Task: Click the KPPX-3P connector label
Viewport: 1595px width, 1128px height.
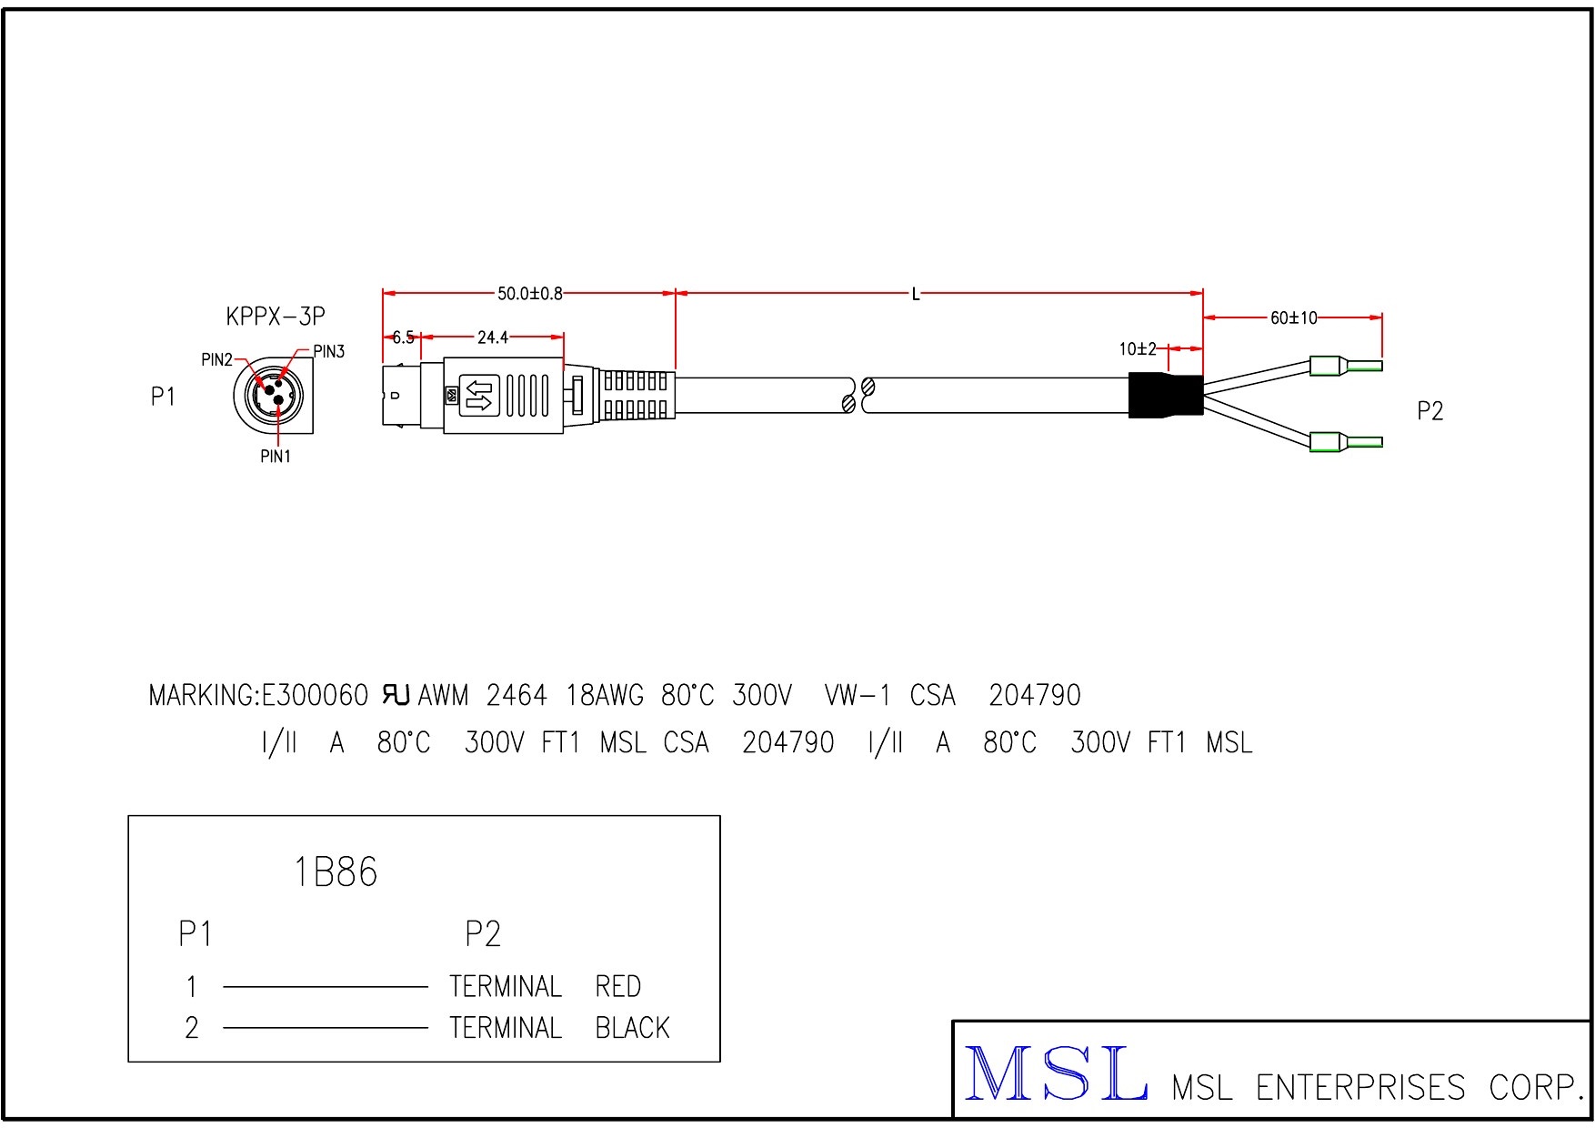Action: pos(275,317)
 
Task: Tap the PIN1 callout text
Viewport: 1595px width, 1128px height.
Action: pos(276,457)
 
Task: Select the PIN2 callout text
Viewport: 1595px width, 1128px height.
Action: pos(216,360)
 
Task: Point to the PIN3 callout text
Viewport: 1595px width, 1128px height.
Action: pos(328,352)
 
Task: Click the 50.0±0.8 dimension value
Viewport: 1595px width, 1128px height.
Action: pos(529,294)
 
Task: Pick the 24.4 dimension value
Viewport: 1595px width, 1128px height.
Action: pos(492,337)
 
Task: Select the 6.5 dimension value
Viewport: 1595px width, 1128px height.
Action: pos(403,337)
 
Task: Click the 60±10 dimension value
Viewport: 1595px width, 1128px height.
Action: pos(1293,317)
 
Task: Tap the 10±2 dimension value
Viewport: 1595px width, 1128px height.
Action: pos(1137,348)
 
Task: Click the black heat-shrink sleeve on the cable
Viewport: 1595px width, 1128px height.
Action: pos(1165,396)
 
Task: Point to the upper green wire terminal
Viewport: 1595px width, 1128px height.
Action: pos(1345,367)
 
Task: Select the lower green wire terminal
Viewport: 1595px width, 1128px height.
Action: pos(1345,443)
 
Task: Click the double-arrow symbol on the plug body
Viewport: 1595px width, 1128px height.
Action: pos(478,396)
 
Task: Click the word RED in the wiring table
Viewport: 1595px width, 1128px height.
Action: pos(617,986)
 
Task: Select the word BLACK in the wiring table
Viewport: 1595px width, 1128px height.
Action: pos(632,1028)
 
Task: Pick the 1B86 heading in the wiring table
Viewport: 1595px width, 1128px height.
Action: pos(336,872)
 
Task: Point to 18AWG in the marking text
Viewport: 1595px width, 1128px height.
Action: pos(604,696)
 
